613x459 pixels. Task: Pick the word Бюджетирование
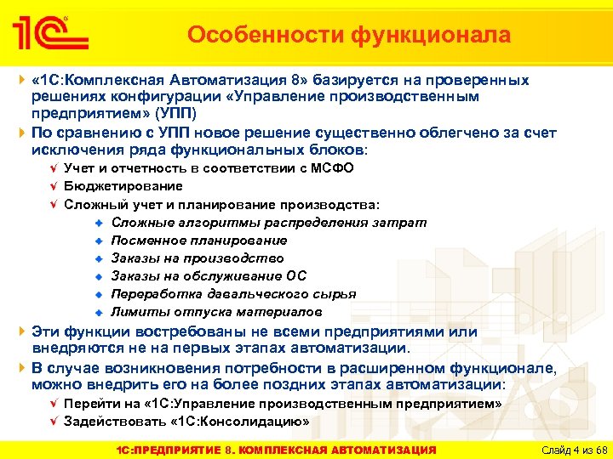(123, 186)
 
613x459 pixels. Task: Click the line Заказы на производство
(198, 258)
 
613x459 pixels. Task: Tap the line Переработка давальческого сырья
(233, 294)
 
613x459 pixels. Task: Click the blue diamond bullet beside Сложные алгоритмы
(100, 223)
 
